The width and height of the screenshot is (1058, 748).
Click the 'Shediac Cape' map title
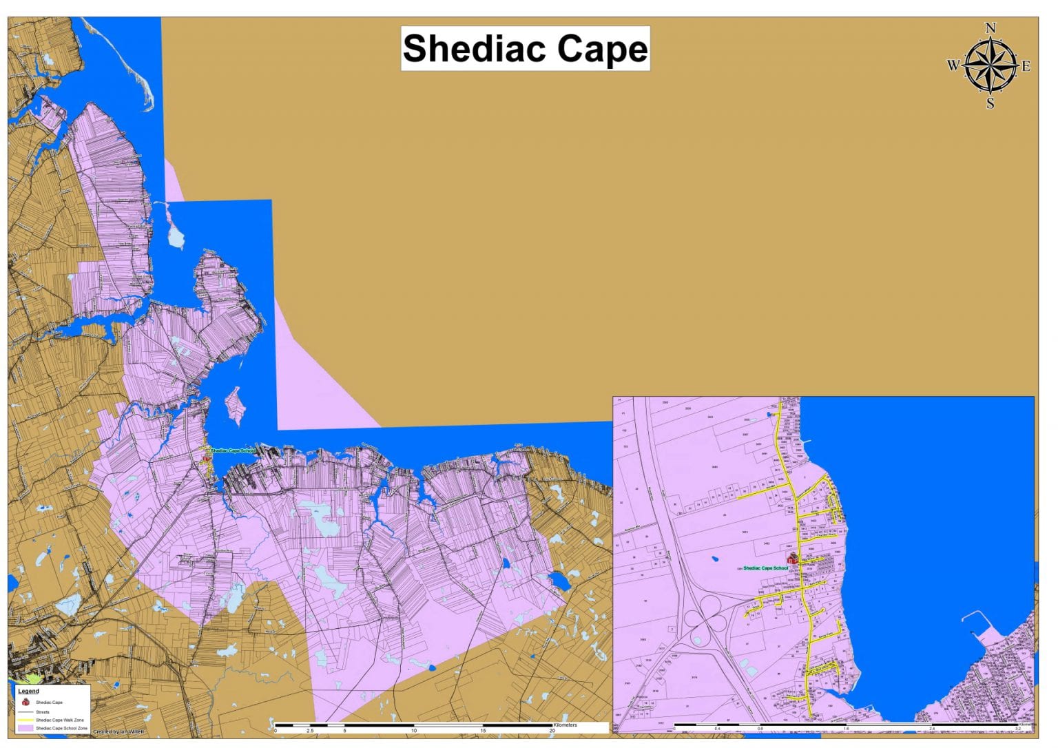tap(525, 49)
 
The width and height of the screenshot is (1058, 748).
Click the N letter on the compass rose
tap(990, 28)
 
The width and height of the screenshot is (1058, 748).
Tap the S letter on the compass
tap(990, 104)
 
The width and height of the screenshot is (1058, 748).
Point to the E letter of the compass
tap(1026, 66)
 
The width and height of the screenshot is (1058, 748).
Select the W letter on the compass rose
tap(953, 66)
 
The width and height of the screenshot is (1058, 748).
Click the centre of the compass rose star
tap(990, 66)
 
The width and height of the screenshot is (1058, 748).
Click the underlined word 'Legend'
tap(28, 691)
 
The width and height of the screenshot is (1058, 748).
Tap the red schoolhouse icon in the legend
tap(25, 702)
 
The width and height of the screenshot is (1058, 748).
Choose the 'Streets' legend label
tap(43, 712)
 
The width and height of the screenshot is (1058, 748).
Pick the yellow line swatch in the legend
tap(25, 720)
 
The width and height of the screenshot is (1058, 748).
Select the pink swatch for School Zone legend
tap(25, 727)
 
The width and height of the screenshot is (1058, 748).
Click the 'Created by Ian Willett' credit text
tap(118, 731)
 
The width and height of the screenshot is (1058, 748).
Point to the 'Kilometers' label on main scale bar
tap(566, 725)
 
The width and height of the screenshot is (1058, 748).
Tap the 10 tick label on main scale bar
tap(414, 731)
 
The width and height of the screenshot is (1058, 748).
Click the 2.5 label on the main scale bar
tap(310, 731)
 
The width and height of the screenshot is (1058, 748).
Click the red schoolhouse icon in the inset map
tap(793, 558)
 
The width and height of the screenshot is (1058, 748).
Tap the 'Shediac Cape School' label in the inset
tap(765, 568)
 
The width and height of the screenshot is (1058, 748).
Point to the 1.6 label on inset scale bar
tap(846, 729)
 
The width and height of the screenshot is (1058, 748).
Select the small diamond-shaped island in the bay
tap(236, 405)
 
